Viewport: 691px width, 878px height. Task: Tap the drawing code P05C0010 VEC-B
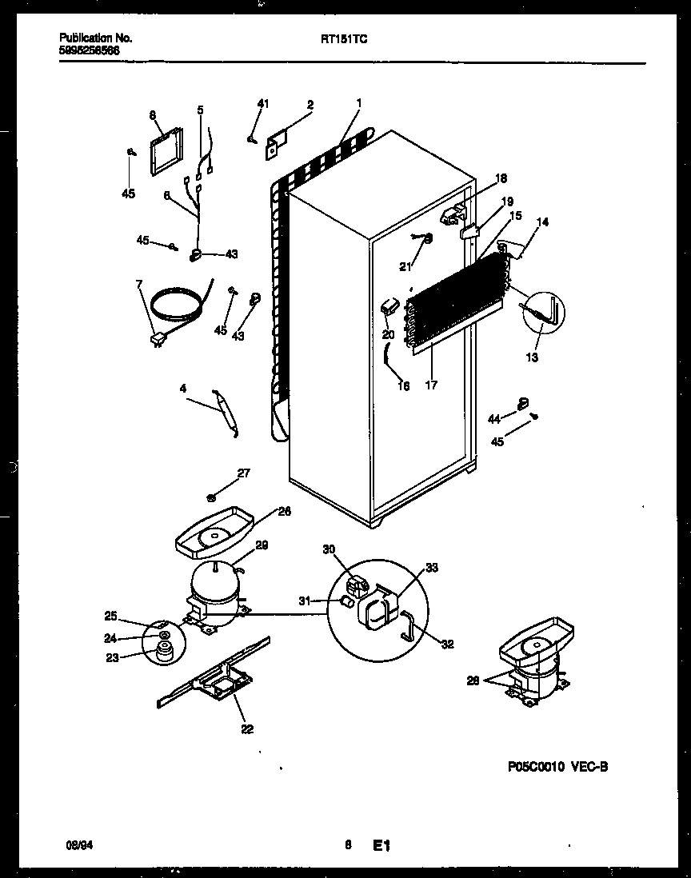click(557, 767)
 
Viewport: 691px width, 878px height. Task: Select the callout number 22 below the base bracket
click(247, 728)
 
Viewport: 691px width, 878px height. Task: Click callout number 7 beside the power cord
click(139, 284)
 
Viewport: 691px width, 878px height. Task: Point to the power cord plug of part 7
click(157, 341)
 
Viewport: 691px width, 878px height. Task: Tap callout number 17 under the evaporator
click(431, 385)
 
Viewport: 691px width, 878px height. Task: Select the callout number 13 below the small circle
click(532, 357)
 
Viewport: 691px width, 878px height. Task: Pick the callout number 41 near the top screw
click(263, 103)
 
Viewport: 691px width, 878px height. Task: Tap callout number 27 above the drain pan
click(243, 473)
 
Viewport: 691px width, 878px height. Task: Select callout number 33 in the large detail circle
click(432, 569)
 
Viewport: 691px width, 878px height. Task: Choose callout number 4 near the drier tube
click(183, 389)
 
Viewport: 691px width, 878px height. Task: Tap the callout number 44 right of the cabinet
click(494, 418)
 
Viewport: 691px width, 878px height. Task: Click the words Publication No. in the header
click(96, 38)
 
